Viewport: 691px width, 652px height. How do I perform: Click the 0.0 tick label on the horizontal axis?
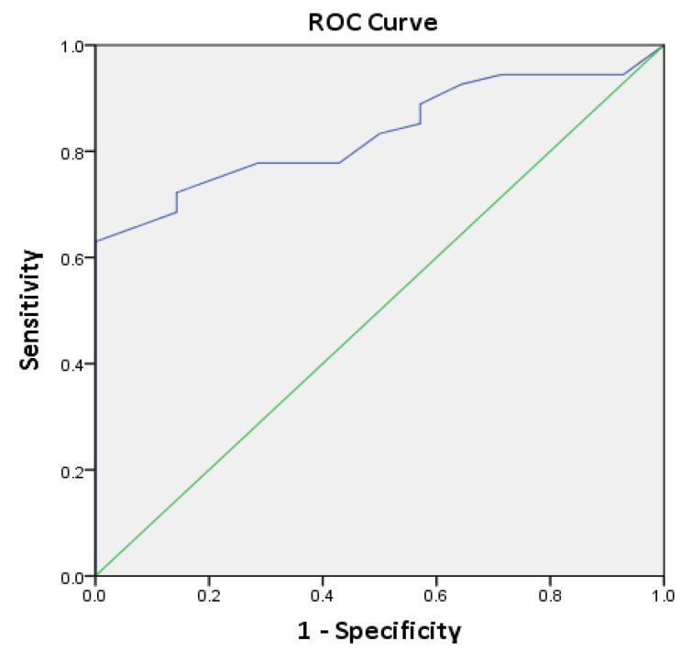tap(95, 594)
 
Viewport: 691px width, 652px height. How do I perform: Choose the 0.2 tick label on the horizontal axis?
tap(209, 594)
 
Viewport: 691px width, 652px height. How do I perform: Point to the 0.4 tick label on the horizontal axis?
tap(323, 594)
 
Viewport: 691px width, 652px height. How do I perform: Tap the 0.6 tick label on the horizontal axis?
tap(436, 594)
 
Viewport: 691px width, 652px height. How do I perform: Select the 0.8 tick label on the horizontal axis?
tap(550, 594)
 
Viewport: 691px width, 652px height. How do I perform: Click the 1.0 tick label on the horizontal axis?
tap(663, 594)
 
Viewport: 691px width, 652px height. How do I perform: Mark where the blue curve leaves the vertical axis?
tap(96, 241)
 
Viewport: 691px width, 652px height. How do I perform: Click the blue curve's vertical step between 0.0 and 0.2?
tap(176, 202)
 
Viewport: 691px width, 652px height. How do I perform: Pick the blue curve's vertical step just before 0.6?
tap(420, 114)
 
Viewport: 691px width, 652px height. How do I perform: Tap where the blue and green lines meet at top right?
tap(663, 45)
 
